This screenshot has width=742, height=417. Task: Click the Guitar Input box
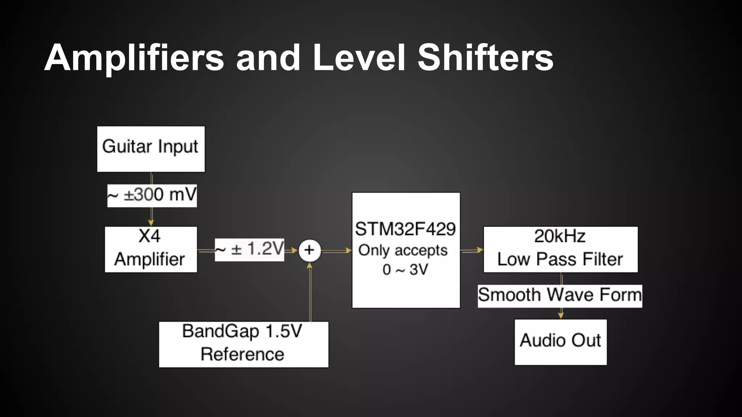(x=151, y=149)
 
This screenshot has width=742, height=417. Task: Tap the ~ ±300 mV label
(x=152, y=195)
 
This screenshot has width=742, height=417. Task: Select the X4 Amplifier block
(x=151, y=249)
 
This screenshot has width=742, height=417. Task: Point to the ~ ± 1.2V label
(x=249, y=249)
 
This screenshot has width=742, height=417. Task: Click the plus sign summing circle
(x=309, y=250)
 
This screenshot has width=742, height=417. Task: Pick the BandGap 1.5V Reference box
(x=243, y=344)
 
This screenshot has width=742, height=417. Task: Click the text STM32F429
(x=405, y=229)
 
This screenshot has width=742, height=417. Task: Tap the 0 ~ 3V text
(x=405, y=270)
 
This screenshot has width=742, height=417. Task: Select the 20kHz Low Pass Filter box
(x=560, y=249)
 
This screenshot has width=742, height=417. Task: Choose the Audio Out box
(x=560, y=342)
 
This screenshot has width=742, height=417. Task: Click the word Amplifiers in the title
(x=134, y=58)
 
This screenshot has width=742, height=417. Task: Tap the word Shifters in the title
(x=485, y=58)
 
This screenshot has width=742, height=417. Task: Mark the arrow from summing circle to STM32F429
(x=336, y=250)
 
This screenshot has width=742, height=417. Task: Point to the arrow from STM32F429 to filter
(x=472, y=250)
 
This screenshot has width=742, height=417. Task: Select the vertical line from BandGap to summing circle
(x=310, y=293)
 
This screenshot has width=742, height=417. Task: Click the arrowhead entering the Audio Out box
(x=561, y=315)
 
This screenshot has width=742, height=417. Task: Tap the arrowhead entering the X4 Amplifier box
(x=151, y=222)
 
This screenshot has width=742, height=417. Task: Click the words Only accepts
(x=403, y=250)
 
